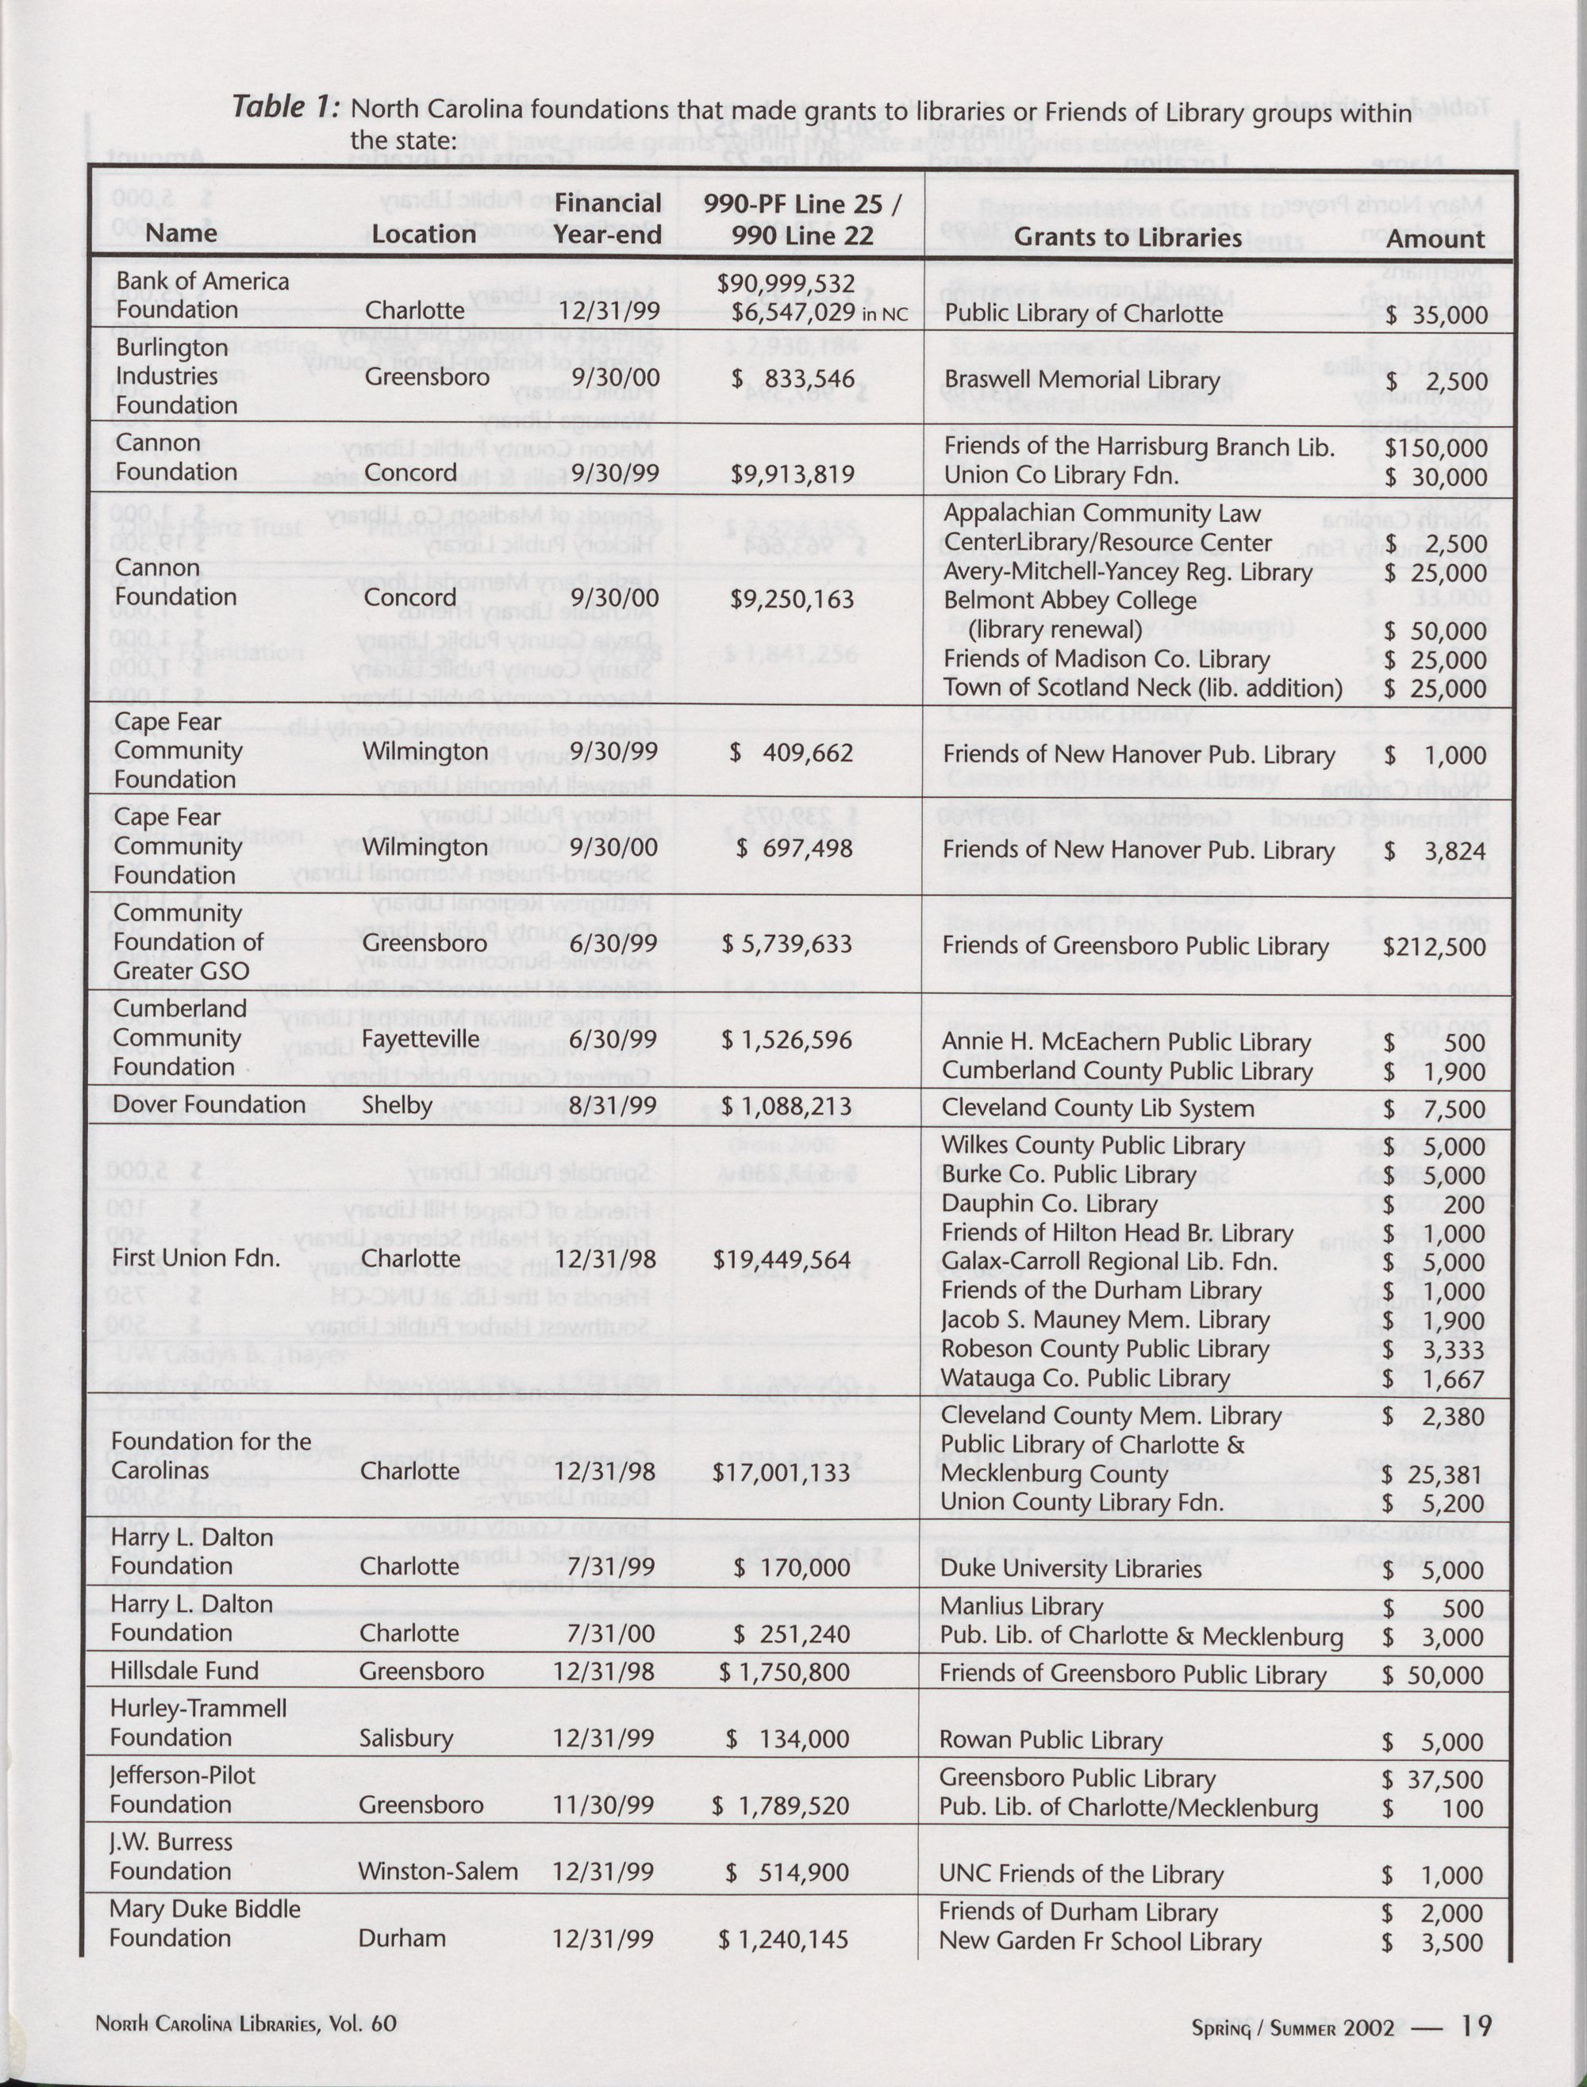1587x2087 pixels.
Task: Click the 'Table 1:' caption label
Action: [x=286, y=107]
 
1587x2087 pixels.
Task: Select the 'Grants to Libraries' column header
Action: [x=1127, y=237]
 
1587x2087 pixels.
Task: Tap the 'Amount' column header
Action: [x=1435, y=238]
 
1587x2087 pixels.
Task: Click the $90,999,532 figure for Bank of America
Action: [x=786, y=283]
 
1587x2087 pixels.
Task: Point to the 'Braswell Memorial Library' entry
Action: [x=1082, y=381]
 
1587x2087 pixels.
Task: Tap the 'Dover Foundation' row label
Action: [x=209, y=1105]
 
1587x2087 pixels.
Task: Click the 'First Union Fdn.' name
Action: [x=195, y=1258]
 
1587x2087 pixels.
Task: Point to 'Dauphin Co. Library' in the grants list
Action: [x=1048, y=1204]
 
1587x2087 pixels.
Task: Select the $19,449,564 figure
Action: [x=782, y=1260]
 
